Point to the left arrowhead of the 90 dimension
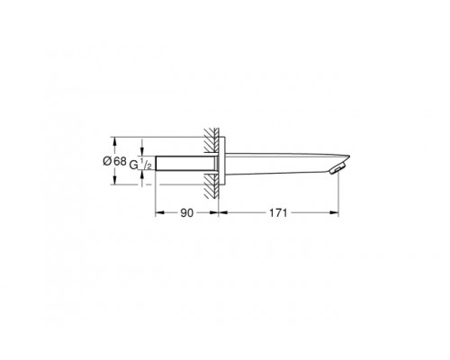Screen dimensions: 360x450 point(160,214)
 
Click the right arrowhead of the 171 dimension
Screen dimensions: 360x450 point(336,214)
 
